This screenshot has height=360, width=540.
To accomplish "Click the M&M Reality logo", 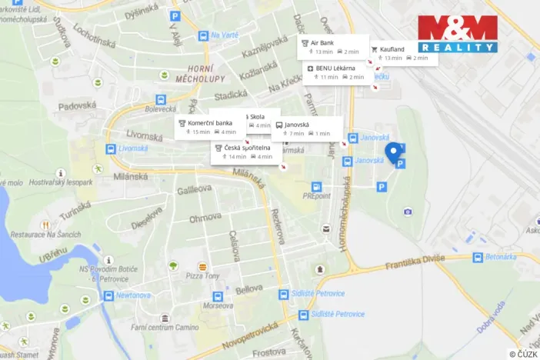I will click(x=457, y=34).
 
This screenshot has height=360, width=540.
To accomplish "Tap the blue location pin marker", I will click(x=395, y=153).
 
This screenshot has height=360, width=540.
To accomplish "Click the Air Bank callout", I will click(x=329, y=47).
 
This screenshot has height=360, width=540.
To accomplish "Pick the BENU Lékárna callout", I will click(x=335, y=72).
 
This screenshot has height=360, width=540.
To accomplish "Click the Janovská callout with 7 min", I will click(x=307, y=128).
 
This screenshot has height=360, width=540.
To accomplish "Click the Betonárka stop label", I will click(x=500, y=258).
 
